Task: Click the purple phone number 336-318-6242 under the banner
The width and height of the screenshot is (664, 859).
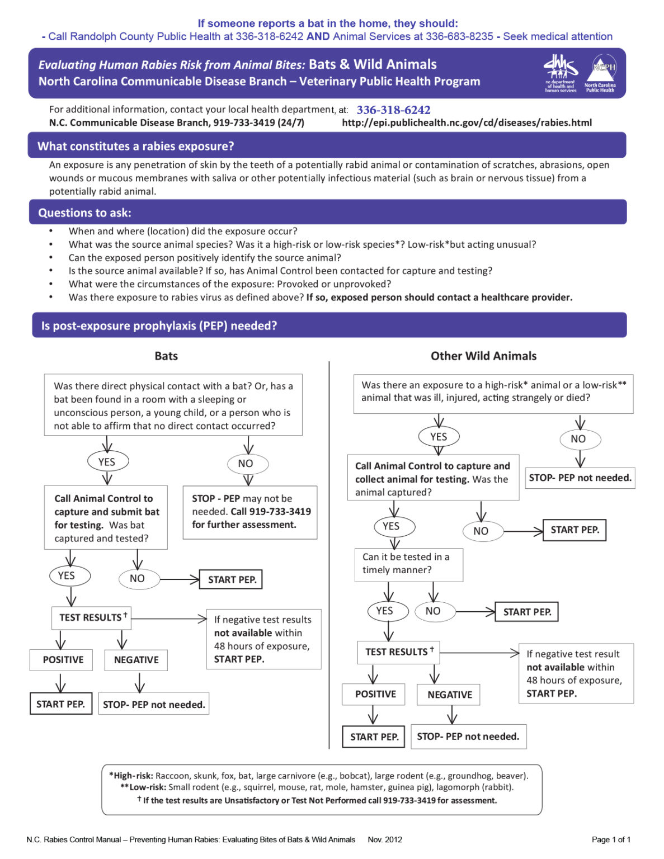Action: pos(393,110)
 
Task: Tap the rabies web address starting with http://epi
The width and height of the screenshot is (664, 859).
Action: pos(467,123)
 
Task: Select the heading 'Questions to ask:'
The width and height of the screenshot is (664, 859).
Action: pos(84,213)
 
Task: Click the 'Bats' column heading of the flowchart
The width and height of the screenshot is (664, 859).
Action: pos(166,356)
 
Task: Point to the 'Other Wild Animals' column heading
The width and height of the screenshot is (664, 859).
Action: pos(483,356)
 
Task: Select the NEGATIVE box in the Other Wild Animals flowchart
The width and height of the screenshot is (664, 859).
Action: pos(449,695)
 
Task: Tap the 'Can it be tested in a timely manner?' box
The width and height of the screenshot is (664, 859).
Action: pos(408,564)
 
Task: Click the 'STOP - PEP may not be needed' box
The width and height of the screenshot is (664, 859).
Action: pos(250,512)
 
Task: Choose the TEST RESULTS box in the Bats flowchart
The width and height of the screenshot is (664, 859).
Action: pos(92,617)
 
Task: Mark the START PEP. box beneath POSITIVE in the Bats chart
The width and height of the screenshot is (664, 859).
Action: pos(60,704)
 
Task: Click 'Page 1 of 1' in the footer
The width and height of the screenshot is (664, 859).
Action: pos(611,839)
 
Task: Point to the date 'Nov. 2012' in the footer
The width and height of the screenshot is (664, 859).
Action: pos(385,839)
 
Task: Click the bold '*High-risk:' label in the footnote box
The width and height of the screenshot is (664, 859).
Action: pos(131,776)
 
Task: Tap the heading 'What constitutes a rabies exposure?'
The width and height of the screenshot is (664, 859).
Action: pos(135,147)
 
